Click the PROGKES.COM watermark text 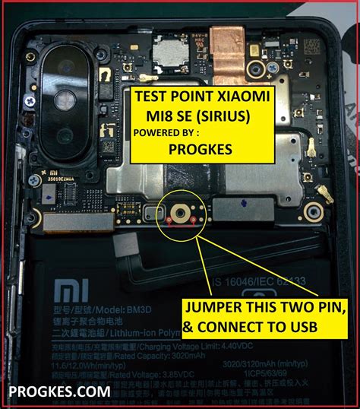pyautogui.click(x=59, y=392)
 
